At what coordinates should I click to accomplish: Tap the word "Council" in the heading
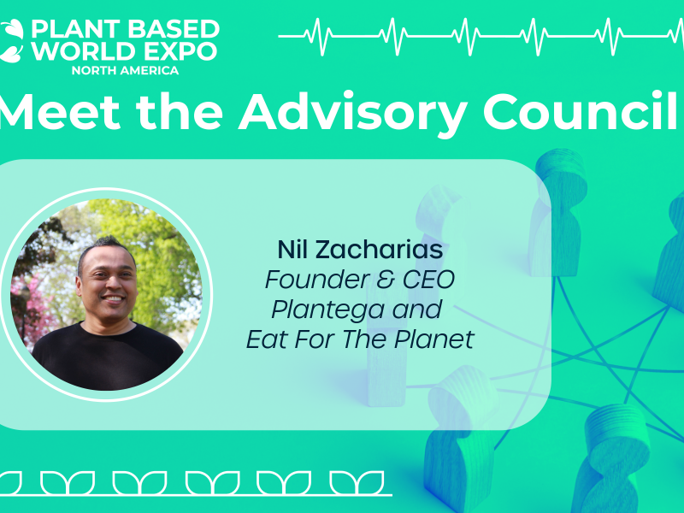581,111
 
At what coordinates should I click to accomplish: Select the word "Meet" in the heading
60,111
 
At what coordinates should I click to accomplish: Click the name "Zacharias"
379,250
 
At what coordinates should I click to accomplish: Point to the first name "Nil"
293,250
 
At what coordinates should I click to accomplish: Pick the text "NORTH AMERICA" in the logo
125,71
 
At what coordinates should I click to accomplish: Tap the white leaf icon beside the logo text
11,41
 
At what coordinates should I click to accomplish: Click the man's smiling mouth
114,299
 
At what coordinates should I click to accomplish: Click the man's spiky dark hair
106,247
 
